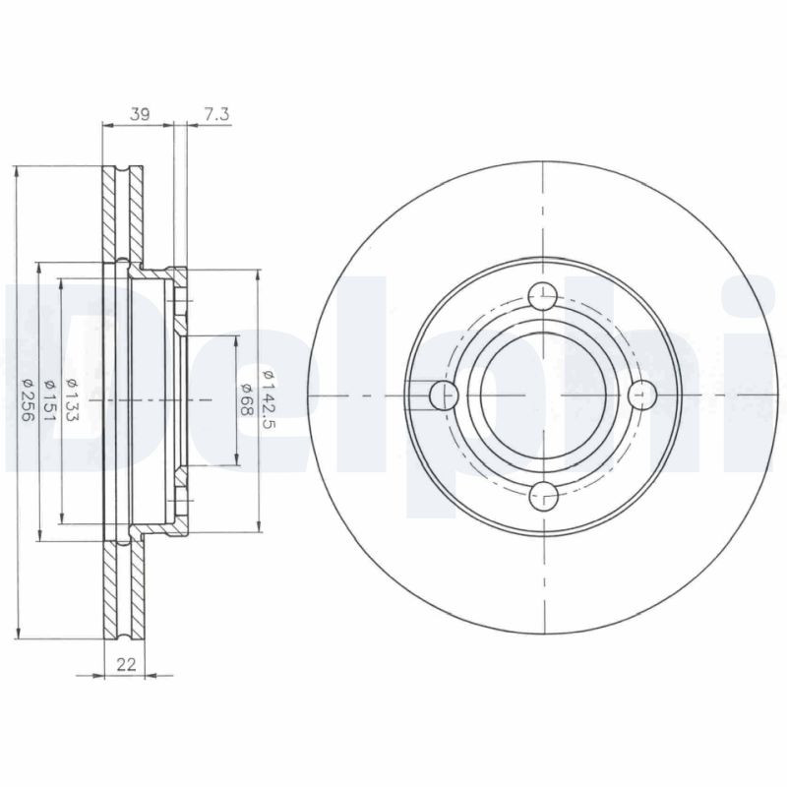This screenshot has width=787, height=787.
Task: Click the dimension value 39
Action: pyautogui.click(x=140, y=114)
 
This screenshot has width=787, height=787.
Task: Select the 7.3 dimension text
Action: pyautogui.click(x=216, y=114)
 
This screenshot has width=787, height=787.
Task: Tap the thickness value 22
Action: pyautogui.click(x=126, y=665)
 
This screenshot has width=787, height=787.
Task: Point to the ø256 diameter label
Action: pyautogui.click(x=28, y=399)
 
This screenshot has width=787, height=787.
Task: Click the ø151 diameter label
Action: pyautogui.click(x=49, y=400)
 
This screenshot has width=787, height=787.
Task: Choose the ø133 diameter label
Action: pyautogui.click(x=71, y=399)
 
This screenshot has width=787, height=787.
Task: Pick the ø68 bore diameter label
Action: pyautogui.click(x=245, y=399)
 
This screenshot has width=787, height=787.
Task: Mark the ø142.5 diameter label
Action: pyautogui.click(x=268, y=399)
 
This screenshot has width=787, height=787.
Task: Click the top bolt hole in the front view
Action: pyautogui.click(x=543, y=297)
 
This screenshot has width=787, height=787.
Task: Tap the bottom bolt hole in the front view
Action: pyautogui.click(x=544, y=496)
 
